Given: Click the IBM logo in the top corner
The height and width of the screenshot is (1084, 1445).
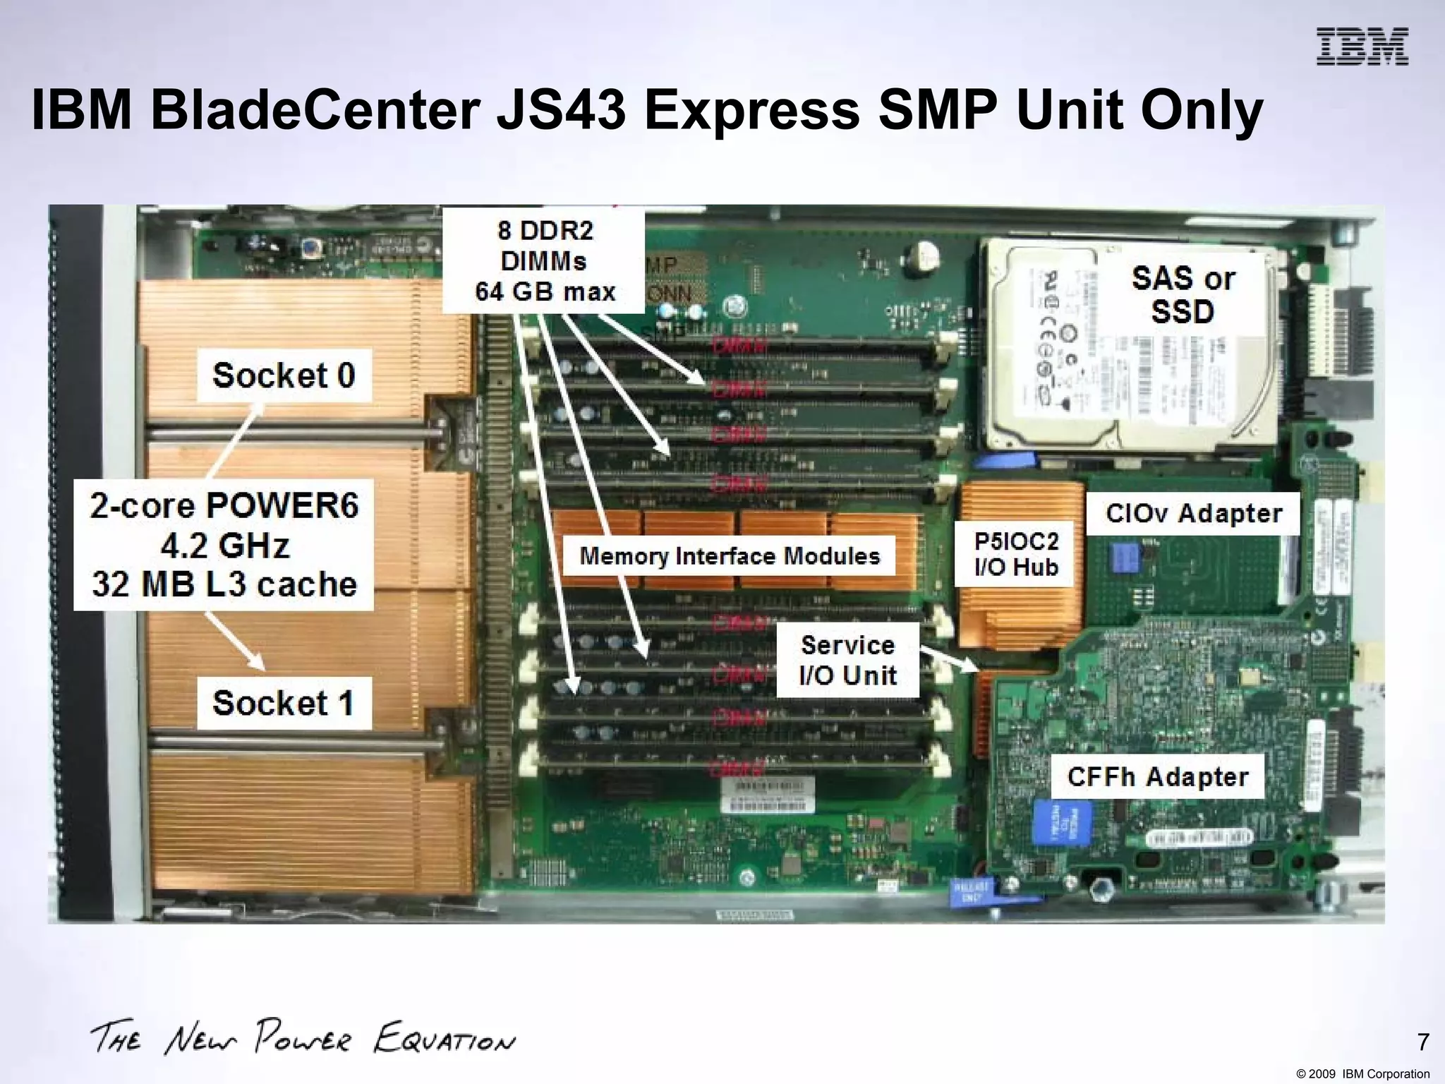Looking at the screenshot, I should coord(1362,47).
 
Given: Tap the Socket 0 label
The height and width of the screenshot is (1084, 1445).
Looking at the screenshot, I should coord(284,375).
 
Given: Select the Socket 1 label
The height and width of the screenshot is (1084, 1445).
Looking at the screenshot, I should coord(284,703).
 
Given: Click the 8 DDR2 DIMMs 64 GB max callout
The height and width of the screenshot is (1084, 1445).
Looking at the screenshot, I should coord(544,261).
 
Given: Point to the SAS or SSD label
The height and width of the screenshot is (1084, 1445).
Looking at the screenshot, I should coord(1183,295).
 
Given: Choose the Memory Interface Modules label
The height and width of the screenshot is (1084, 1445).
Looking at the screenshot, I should coord(730,556).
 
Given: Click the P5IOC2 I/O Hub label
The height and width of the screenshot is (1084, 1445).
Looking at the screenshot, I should coord(1015,554).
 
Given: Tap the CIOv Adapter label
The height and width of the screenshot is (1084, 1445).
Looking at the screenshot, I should coord(1193,514).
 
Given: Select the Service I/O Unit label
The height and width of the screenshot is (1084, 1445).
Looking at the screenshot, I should coord(847,660).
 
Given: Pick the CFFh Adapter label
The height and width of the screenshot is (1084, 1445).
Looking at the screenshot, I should coord(1157,777).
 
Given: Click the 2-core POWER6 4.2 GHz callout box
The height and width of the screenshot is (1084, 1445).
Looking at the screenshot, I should coord(224,546).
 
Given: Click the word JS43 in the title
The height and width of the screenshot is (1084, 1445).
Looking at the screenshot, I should coord(561,111).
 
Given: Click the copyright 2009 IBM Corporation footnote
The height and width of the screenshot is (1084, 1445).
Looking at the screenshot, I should coord(1362,1074).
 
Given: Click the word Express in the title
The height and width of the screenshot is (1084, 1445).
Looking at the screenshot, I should coord(752,111).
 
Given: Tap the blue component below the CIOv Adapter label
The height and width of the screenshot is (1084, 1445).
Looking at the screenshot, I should coord(1125,558).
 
